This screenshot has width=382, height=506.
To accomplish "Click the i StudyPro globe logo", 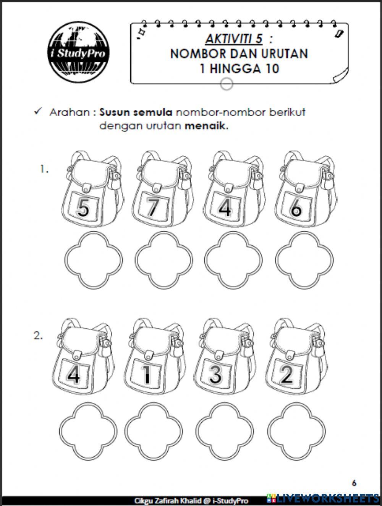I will pyautogui.click(x=78, y=52).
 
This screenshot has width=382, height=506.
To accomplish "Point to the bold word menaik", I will pyautogui.click(x=206, y=126).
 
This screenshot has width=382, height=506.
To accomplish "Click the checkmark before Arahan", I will pyautogui.click(x=37, y=112).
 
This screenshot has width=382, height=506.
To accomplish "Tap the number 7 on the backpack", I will pyautogui.click(x=152, y=207).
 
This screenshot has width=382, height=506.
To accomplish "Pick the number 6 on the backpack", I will pyautogui.click(x=296, y=208).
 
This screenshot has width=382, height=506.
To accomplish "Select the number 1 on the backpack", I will pyautogui.click(x=146, y=375).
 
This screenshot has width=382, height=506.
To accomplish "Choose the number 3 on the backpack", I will pyautogui.click(x=215, y=374).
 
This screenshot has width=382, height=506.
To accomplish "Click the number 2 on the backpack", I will pyautogui.click(x=286, y=375).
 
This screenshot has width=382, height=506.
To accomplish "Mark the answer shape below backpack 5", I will pyautogui.click(x=94, y=261).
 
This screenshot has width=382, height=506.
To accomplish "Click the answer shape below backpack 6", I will pyautogui.click(x=304, y=261).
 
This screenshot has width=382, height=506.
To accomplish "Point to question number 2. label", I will pyautogui.click(x=38, y=336).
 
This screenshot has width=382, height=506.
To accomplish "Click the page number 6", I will pyautogui.click(x=354, y=483).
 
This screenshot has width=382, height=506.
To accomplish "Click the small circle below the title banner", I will pyautogui.click(x=227, y=84).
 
